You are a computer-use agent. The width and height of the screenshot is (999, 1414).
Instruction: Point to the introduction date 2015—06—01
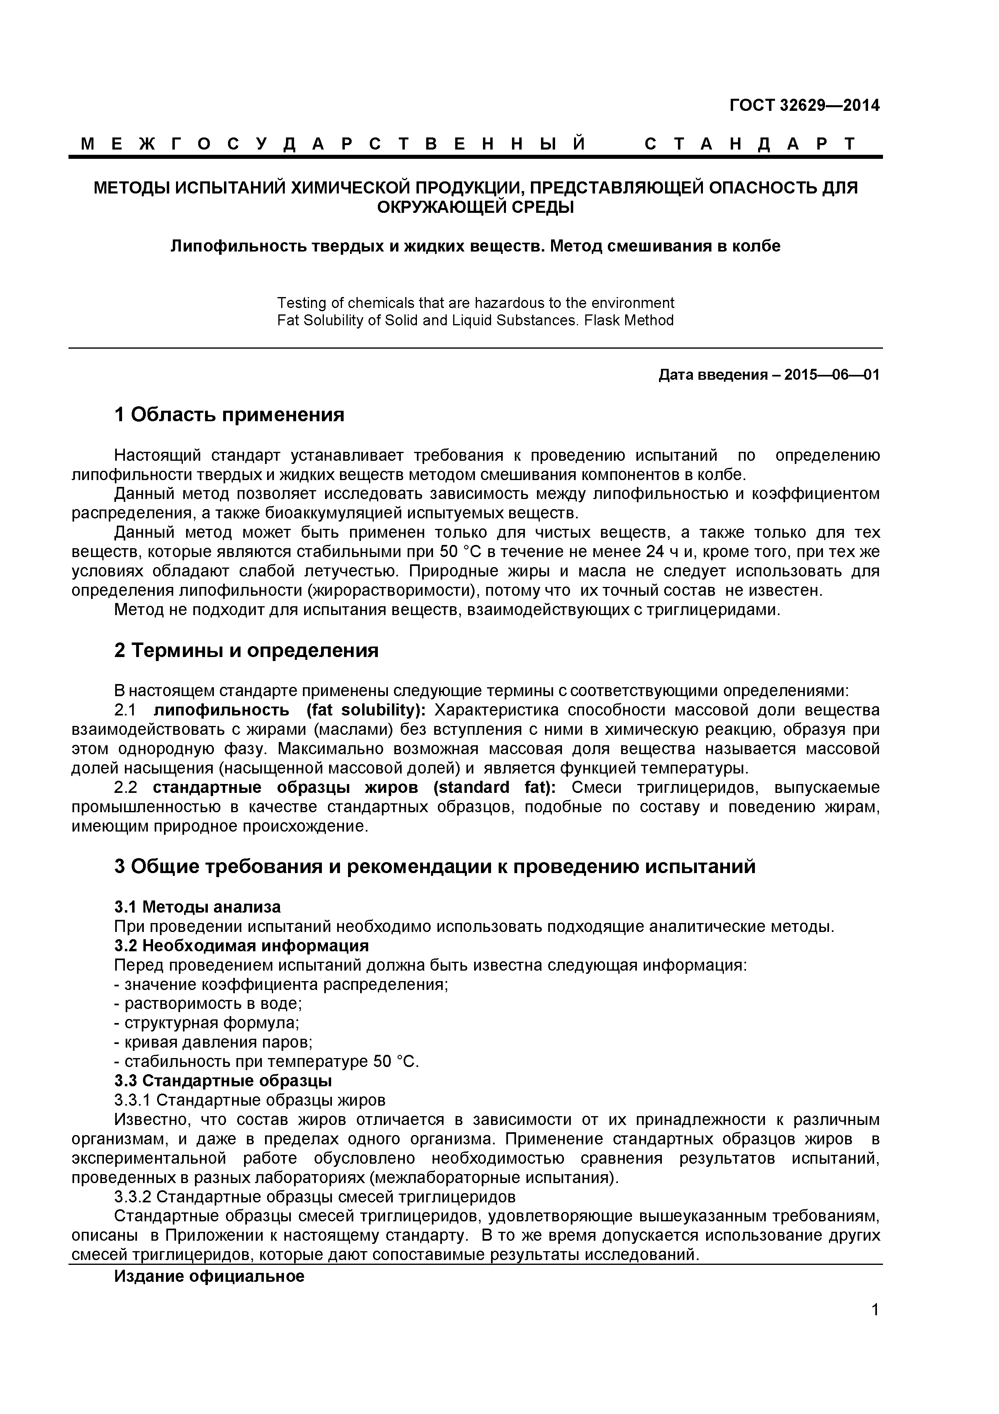coord(831,374)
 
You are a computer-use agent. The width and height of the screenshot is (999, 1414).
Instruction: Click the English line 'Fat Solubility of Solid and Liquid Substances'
coord(475,320)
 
